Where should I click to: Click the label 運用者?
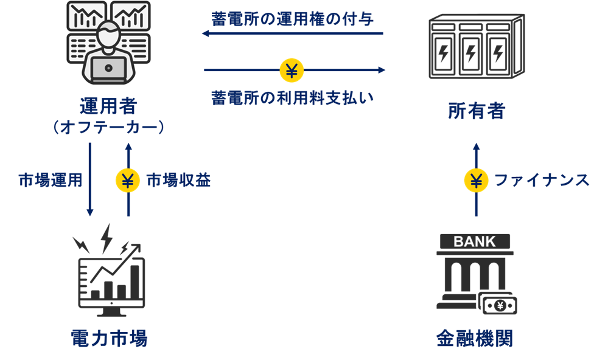point(108,107)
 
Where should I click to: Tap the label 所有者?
point(476,111)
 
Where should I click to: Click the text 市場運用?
point(51,181)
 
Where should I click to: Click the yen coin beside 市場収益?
point(128,181)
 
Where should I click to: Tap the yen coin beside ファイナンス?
point(477,181)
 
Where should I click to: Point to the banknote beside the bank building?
point(499,305)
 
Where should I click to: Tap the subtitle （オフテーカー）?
point(108,128)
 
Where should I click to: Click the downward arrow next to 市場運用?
point(90,179)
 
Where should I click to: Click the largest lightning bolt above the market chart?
point(107,237)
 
